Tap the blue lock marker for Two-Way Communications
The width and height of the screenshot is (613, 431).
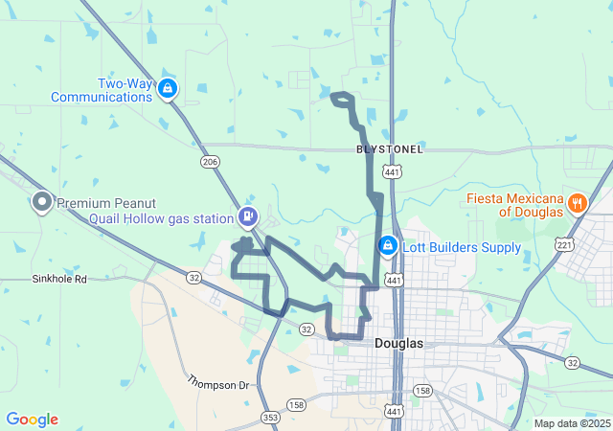[x=168, y=90]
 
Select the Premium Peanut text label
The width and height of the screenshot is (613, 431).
[x=104, y=203]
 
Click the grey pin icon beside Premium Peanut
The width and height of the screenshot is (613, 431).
[x=42, y=201]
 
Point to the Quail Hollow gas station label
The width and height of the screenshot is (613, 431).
[x=162, y=218]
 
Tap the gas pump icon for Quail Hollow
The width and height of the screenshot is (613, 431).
[x=248, y=217]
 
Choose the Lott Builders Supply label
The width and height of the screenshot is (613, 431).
[x=462, y=248]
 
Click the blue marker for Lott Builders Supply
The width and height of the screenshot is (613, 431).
[x=387, y=246]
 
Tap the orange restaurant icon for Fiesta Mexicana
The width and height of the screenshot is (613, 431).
[x=577, y=202]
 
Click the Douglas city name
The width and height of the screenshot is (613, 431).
[x=399, y=343]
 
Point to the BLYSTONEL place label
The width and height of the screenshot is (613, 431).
[x=390, y=149]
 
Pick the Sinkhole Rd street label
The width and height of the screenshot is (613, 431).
[x=59, y=280]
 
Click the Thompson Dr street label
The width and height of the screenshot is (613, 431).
[x=217, y=384]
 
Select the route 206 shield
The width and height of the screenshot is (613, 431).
[x=210, y=162]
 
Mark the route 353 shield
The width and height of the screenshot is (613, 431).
[x=270, y=417]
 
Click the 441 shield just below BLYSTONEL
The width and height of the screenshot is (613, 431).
[x=391, y=171]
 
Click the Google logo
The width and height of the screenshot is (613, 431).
[x=32, y=420]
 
